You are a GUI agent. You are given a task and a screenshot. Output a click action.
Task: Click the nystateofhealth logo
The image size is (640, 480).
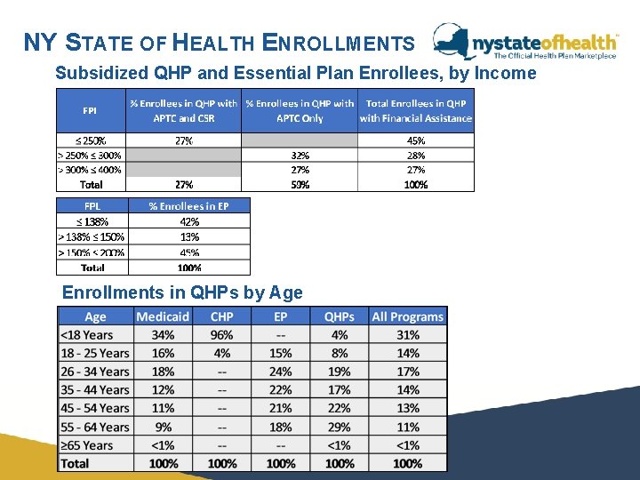525,43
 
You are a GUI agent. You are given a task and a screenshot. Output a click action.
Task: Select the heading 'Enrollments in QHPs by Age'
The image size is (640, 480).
182,292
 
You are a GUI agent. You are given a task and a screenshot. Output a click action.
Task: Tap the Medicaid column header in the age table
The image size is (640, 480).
163,316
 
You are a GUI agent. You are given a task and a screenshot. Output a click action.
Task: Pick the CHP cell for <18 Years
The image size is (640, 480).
221,335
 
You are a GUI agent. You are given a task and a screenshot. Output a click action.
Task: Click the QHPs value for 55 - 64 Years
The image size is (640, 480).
339,427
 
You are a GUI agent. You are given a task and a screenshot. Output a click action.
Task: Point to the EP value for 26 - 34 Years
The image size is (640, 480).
280,372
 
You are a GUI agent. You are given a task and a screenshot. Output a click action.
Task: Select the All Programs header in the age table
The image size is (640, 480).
407,316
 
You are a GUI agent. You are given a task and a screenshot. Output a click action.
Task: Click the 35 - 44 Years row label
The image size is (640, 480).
95,390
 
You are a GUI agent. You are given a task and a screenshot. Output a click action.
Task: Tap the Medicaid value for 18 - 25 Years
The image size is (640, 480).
163,353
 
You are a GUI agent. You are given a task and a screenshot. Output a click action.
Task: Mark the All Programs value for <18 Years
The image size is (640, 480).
407,335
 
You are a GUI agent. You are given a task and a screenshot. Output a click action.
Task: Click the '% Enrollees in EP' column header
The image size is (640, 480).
188,205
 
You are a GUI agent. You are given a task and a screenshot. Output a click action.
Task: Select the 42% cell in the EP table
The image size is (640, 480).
188,221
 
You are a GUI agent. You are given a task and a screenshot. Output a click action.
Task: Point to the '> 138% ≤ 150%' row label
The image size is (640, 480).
92,236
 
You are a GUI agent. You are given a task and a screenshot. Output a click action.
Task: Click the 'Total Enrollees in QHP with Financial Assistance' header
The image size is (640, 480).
415,110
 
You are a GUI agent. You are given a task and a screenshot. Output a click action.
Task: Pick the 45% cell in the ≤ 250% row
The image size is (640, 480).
415,140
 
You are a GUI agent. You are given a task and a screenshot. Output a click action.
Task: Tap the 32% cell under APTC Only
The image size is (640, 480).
300,155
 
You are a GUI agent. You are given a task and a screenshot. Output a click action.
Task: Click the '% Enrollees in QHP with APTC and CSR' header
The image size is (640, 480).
183,110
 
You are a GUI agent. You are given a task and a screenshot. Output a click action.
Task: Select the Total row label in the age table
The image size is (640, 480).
75,463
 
